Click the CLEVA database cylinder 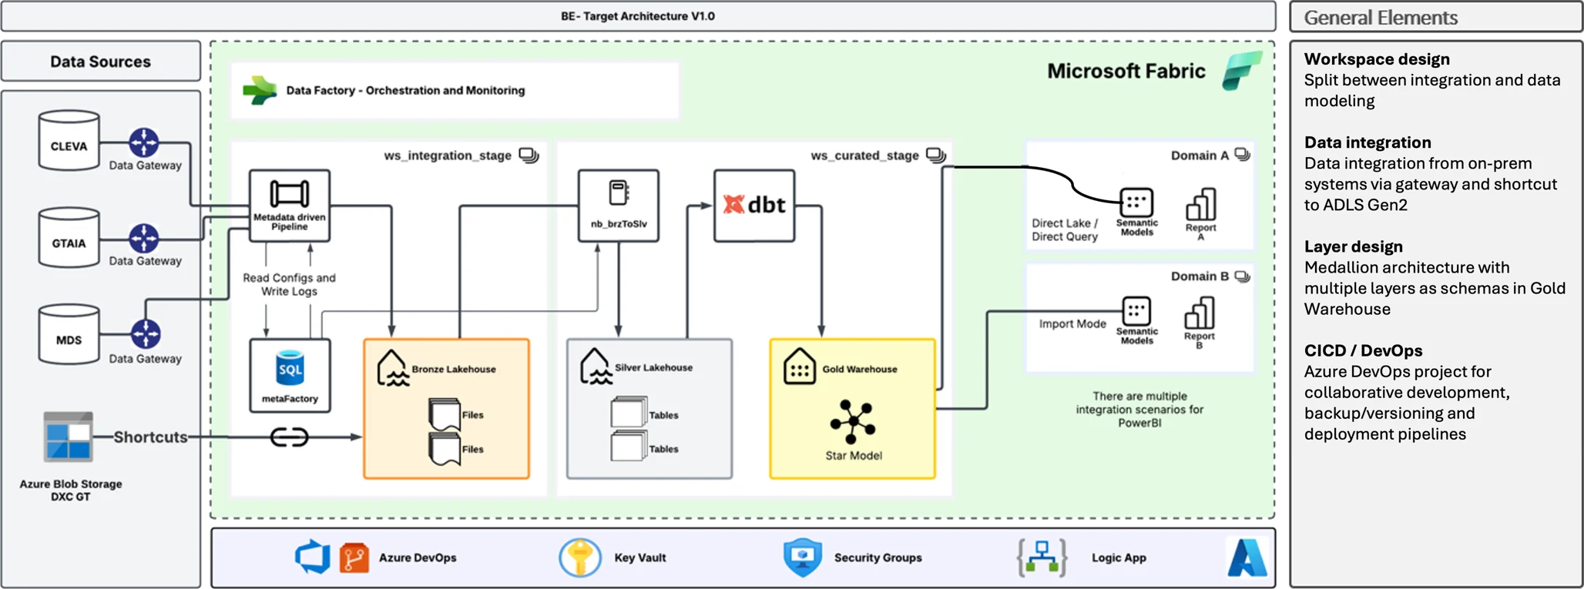[69, 141]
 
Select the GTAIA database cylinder [69, 238]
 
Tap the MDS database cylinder [69, 335]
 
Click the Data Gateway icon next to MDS [145, 334]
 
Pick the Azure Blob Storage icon [69, 437]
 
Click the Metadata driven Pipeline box [290, 206]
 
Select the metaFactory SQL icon [290, 369]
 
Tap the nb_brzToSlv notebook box [619, 206]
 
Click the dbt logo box [754, 206]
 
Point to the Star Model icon [853, 422]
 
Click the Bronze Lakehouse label [454, 370]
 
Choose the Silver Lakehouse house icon [596, 366]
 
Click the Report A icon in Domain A [1200, 205]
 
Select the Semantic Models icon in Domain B [1136, 311]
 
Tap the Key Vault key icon [580, 557]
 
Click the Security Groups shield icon [802, 557]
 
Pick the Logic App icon [1042, 557]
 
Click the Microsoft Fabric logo [1242, 70]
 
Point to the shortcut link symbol [290, 437]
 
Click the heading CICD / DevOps [1363, 351]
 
